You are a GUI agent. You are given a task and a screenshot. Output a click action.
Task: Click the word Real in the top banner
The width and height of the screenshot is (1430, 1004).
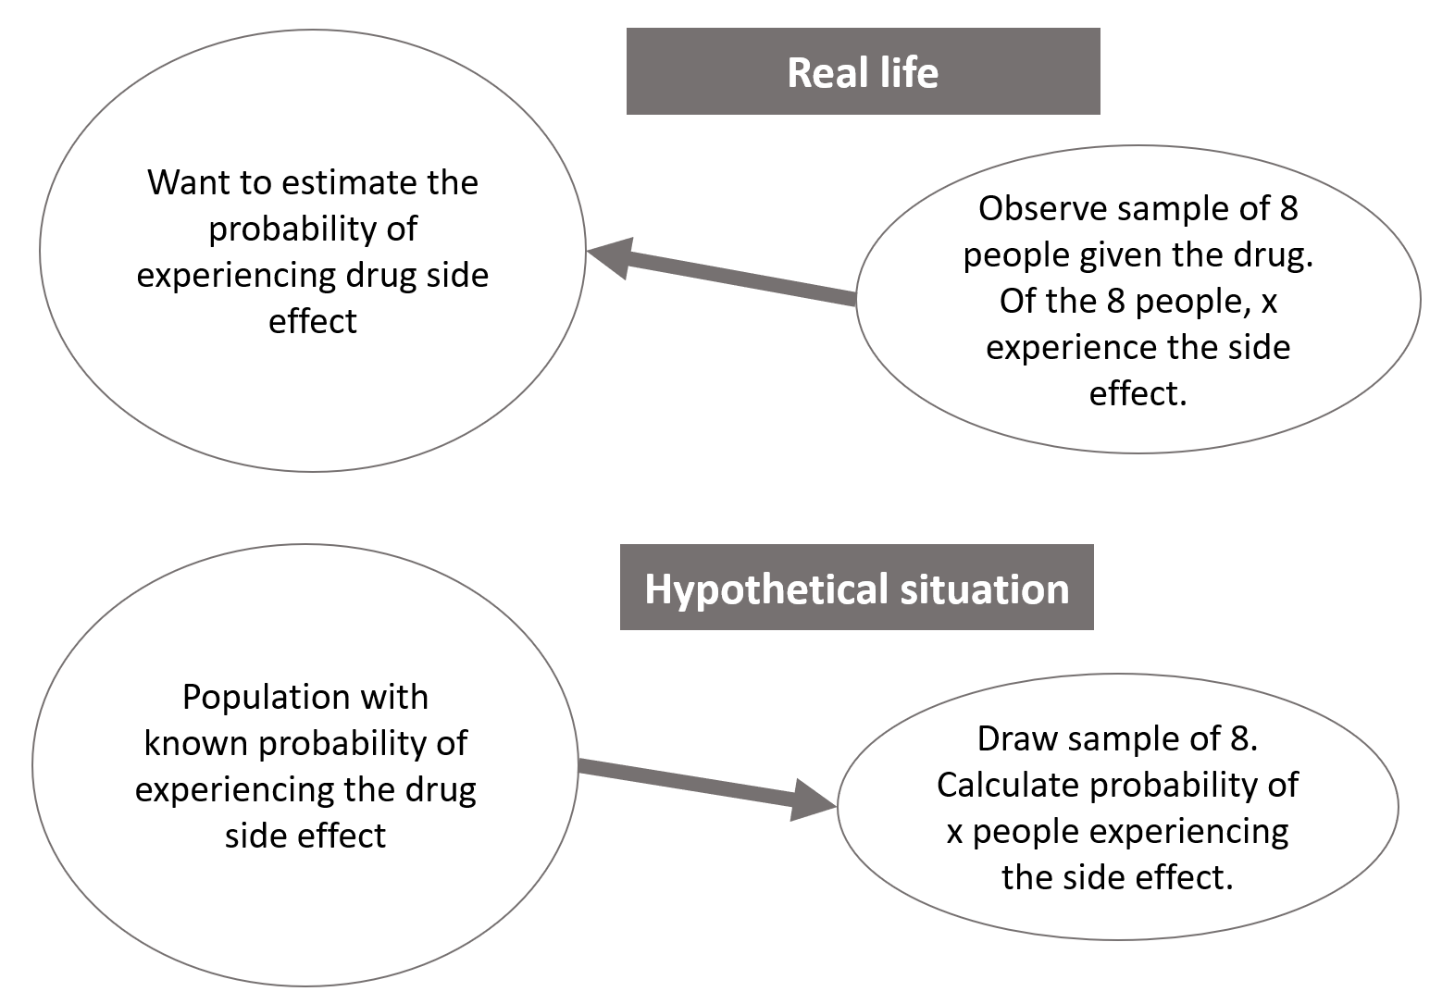pyautogui.click(x=827, y=73)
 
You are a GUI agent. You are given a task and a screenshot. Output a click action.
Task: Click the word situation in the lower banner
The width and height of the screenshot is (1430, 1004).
pyautogui.click(x=985, y=589)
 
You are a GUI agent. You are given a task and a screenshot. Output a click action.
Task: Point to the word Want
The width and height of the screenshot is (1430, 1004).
pyautogui.click(x=188, y=182)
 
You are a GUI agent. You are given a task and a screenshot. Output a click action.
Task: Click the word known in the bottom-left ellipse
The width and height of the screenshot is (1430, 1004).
pyautogui.click(x=196, y=743)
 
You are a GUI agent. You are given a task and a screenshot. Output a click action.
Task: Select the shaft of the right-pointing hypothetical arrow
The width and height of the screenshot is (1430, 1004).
pyautogui.click(x=686, y=779)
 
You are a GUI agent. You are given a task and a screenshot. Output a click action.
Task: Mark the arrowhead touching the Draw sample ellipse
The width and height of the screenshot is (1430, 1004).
pyautogui.click(x=812, y=800)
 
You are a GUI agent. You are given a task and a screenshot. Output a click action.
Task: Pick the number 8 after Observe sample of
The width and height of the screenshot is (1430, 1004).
pyautogui.click(x=1289, y=209)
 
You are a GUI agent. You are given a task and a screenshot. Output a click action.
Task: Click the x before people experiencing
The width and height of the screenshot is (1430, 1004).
pyautogui.click(x=954, y=833)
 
